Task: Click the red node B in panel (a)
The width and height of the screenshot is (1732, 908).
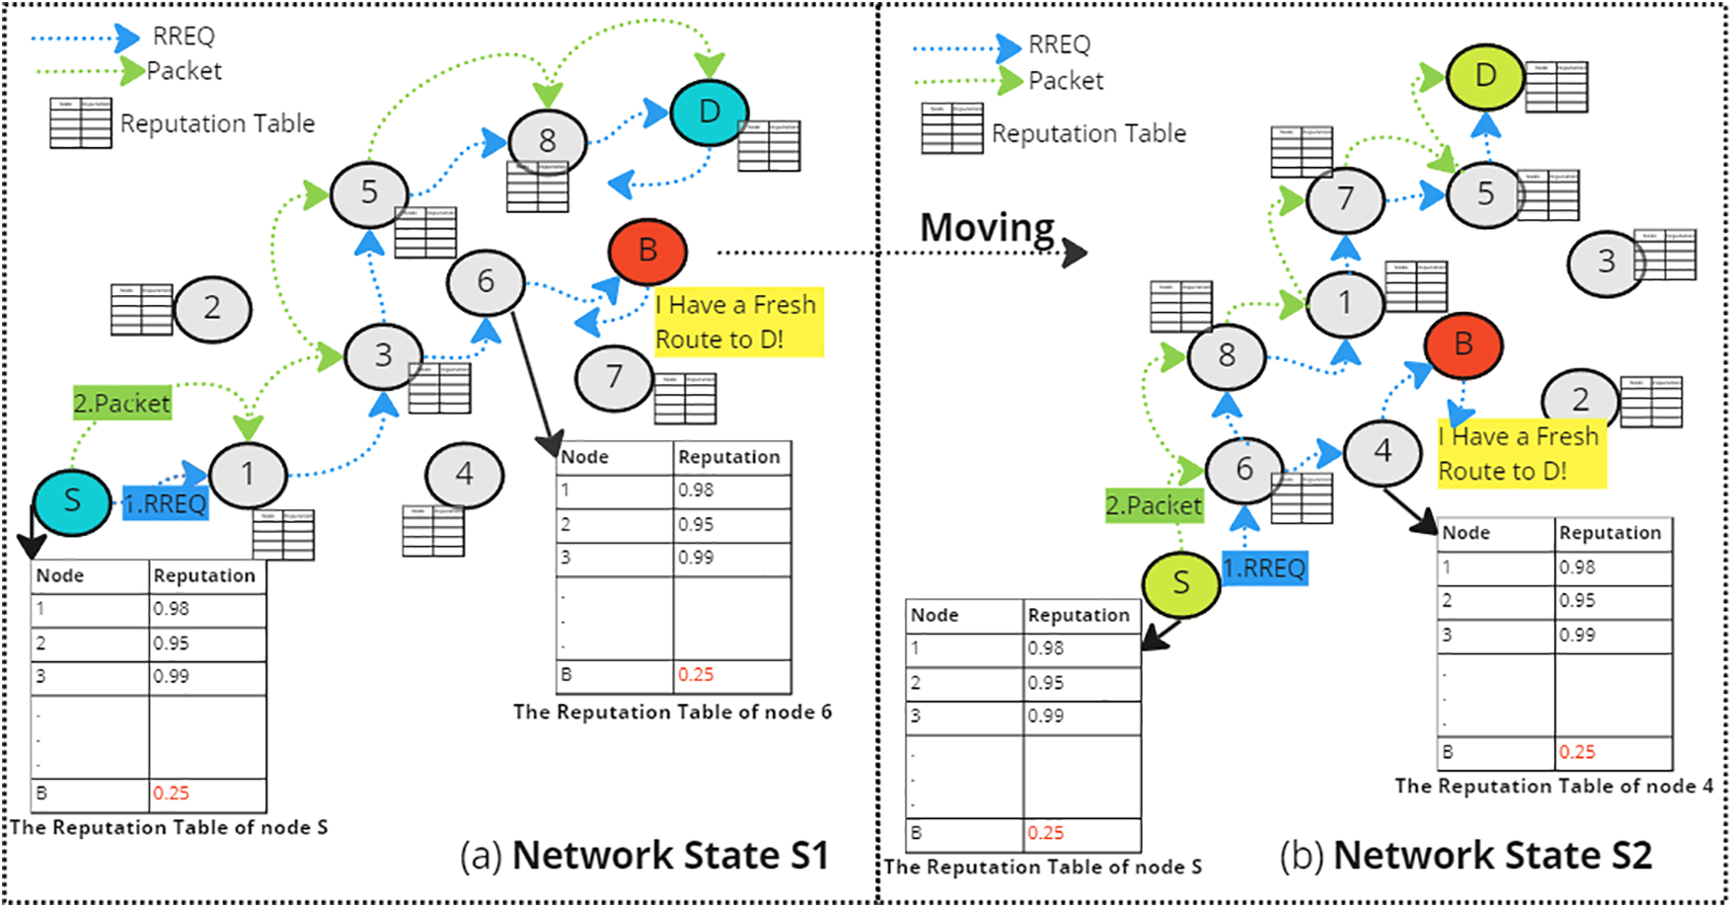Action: click(647, 252)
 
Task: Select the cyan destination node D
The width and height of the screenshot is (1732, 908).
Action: click(709, 113)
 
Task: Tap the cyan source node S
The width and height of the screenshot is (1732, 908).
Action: click(72, 500)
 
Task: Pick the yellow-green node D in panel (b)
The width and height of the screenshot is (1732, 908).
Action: click(1485, 76)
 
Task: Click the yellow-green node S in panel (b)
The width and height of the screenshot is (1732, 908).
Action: click(1180, 583)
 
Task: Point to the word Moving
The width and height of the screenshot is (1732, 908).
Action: click(987, 228)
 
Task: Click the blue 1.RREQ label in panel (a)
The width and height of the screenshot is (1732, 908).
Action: click(166, 503)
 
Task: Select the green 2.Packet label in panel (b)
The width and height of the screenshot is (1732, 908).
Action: click(1154, 506)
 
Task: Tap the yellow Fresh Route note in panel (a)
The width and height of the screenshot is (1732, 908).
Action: click(737, 322)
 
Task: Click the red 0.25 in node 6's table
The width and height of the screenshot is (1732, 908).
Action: click(696, 675)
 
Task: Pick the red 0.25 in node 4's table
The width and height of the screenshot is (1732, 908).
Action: click(1577, 752)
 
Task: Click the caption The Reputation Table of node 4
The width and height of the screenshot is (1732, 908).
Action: click(1553, 786)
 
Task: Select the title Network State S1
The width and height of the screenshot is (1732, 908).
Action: click(670, 855)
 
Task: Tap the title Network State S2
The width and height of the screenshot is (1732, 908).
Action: click(1492, 855)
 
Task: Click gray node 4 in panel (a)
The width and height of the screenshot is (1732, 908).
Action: click(464, 475)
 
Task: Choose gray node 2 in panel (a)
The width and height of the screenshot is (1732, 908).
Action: click(212, 308)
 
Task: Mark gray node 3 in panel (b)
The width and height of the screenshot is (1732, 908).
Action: click(1606, 261)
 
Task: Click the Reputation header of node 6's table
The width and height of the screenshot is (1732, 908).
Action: click(728, 457)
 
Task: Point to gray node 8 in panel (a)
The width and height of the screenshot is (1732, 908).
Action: click(547, 141)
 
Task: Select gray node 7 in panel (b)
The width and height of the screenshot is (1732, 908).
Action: click(1344, 198)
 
